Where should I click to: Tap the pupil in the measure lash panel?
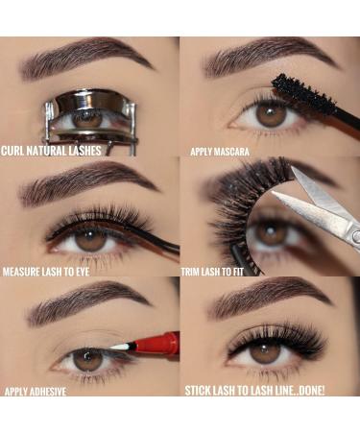91,236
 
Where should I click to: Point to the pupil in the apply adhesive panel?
87,359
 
